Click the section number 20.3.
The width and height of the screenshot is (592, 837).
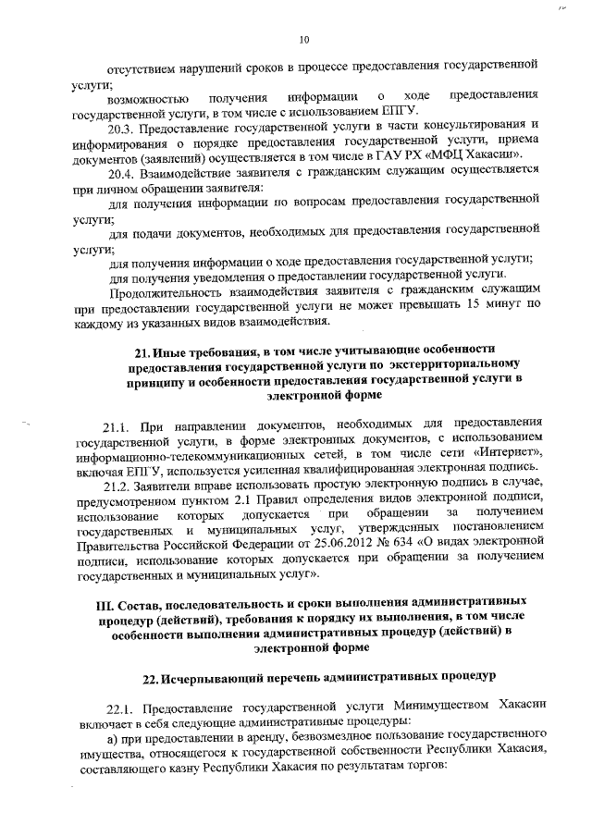click(x=122, y=126)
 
